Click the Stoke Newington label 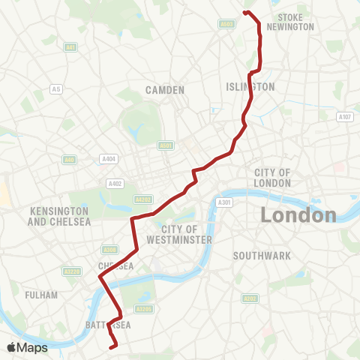coord(295,22)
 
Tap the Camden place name coord(165,90)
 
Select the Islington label coord(250,87)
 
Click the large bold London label coord(298,215)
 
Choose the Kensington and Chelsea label coord(59,217)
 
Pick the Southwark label coord(261,256)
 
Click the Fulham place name coord(40,295)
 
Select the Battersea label coord(108,325)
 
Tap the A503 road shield coord(227,24)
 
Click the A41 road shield coord(70,47)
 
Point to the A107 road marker coord(345,117)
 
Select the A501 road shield coord(166,145)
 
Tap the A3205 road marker coord(144,307)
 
